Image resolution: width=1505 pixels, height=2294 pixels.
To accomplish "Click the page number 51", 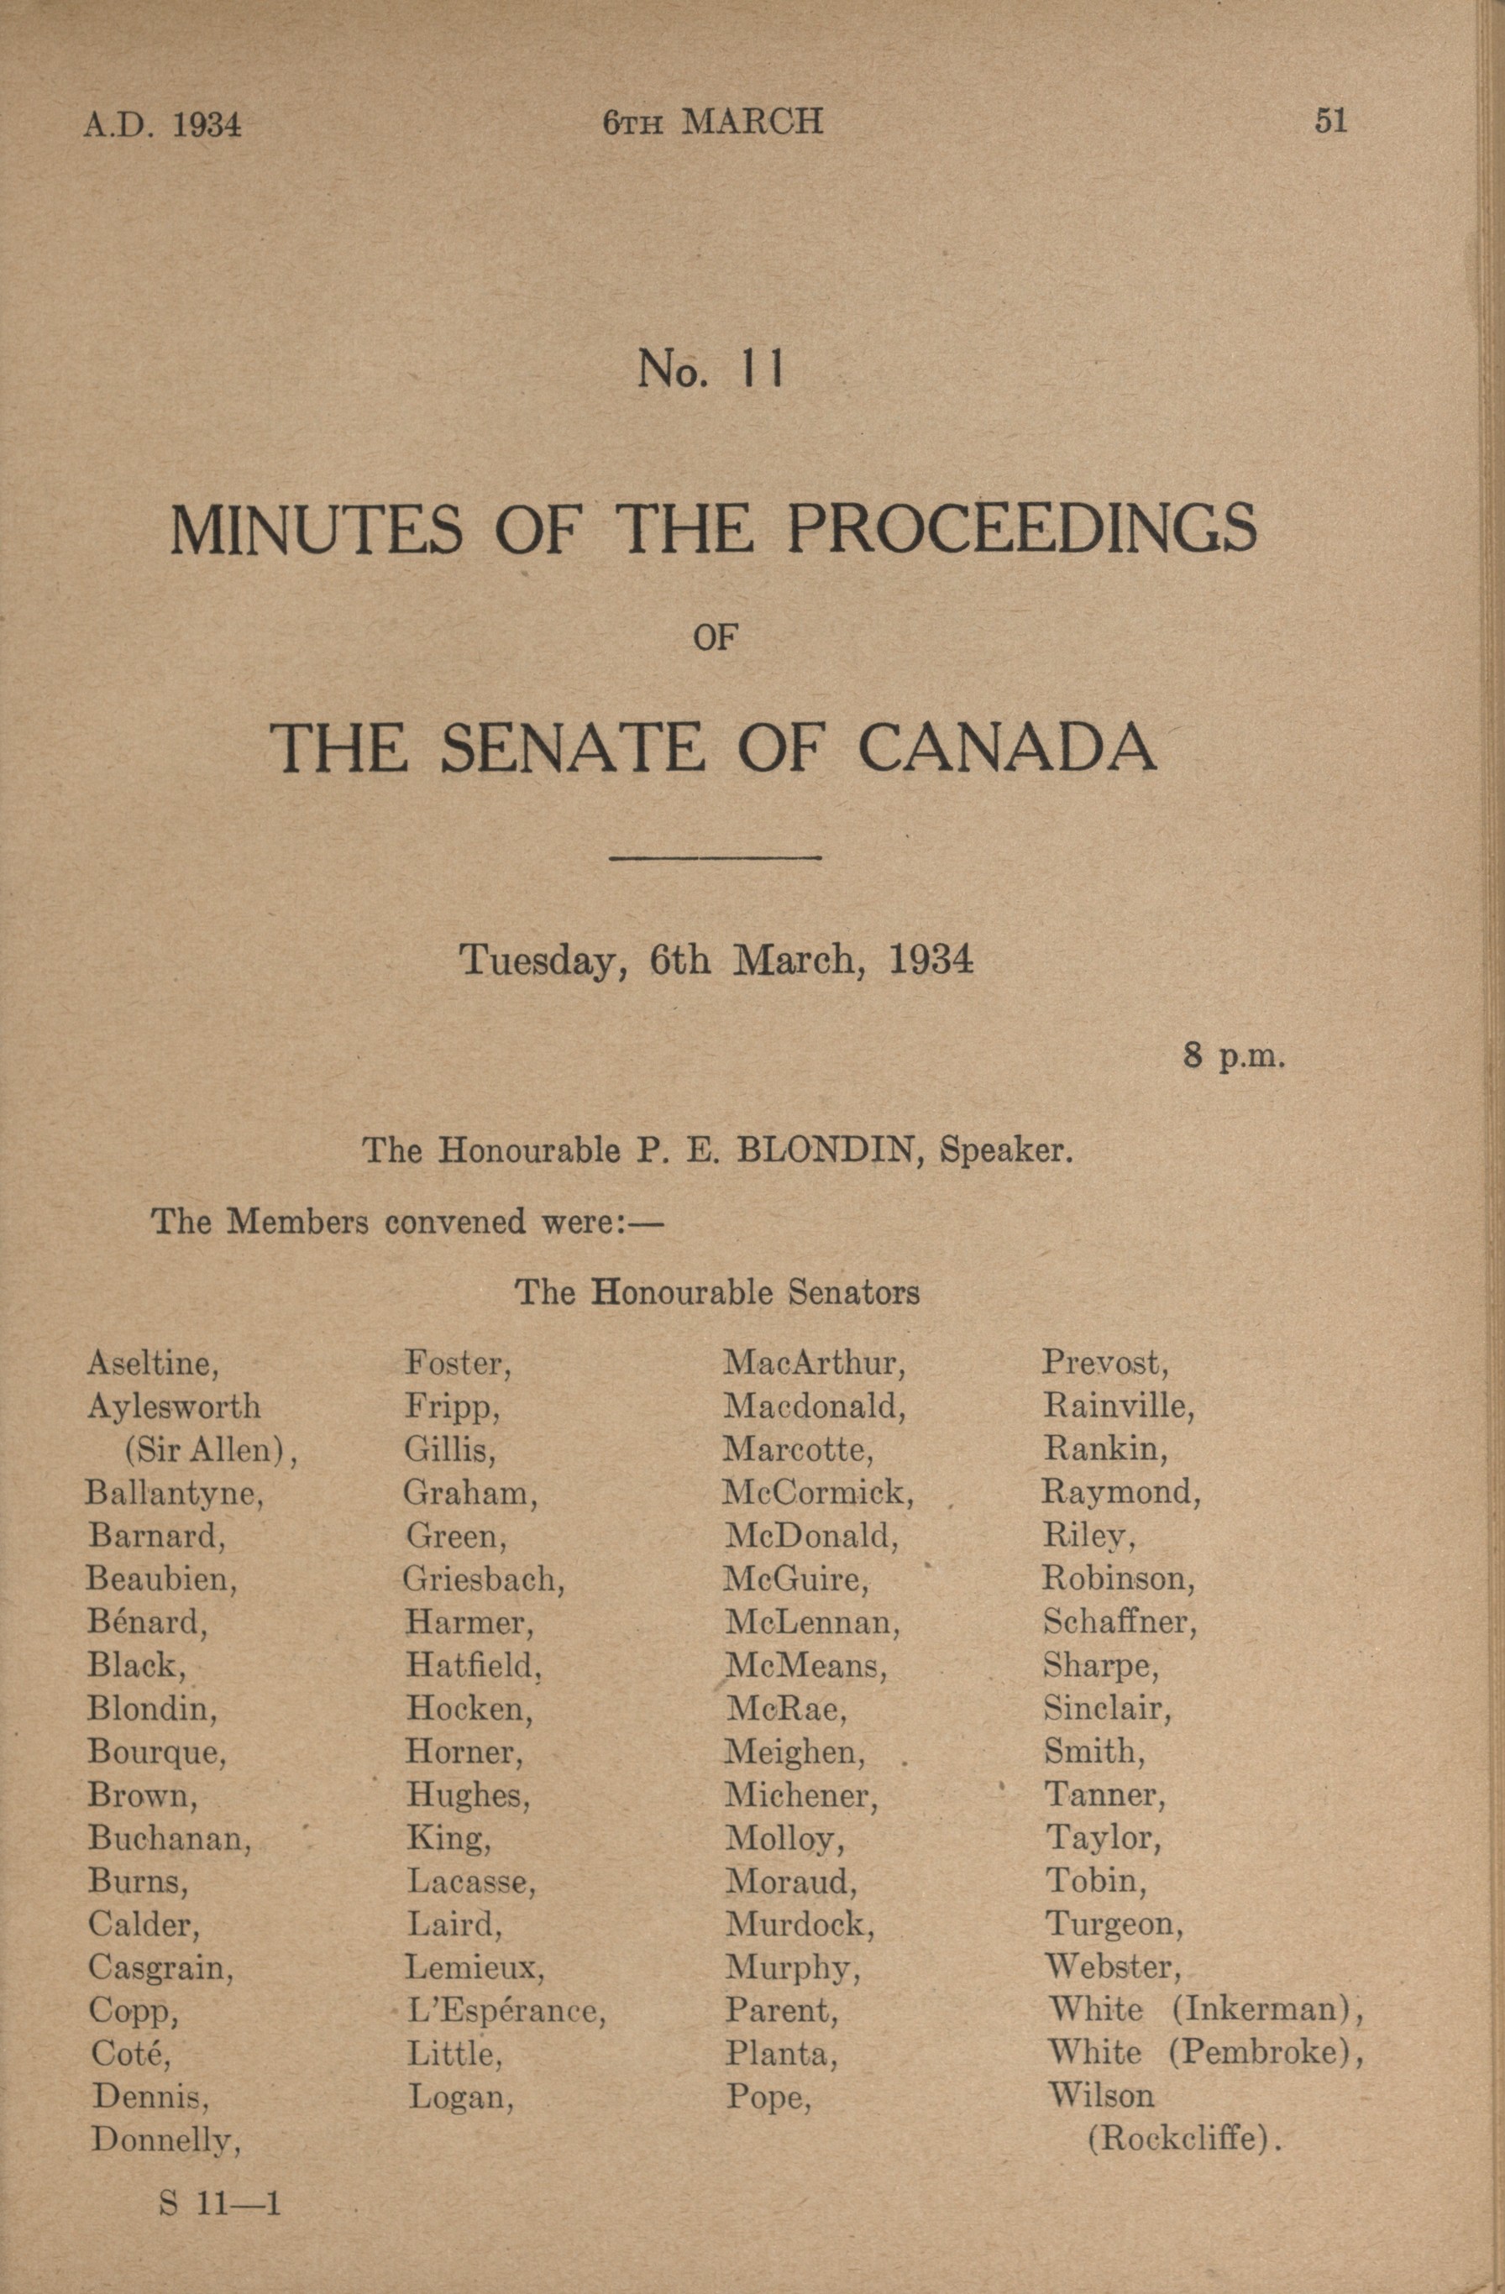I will pos(1330,122).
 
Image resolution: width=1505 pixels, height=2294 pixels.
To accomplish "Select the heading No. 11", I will pos(711,369).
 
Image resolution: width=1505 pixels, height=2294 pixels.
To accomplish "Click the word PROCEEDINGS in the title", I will pos(1022,529).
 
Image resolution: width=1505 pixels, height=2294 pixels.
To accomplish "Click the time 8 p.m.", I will pos(1234,1056).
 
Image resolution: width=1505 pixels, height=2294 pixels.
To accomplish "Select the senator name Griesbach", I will pos(484,1579).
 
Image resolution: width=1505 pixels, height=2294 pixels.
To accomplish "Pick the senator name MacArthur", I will pos(815,1363).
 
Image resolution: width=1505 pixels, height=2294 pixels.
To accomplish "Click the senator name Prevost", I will pos(1106,1363).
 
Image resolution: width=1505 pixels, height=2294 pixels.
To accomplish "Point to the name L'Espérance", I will pos(506,2011).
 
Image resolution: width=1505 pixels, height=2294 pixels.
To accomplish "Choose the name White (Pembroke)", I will pos(1205,2053).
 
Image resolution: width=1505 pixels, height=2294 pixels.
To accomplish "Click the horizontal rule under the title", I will pos(716,856).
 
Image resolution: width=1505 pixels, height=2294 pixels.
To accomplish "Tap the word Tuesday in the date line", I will pos(540,960).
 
